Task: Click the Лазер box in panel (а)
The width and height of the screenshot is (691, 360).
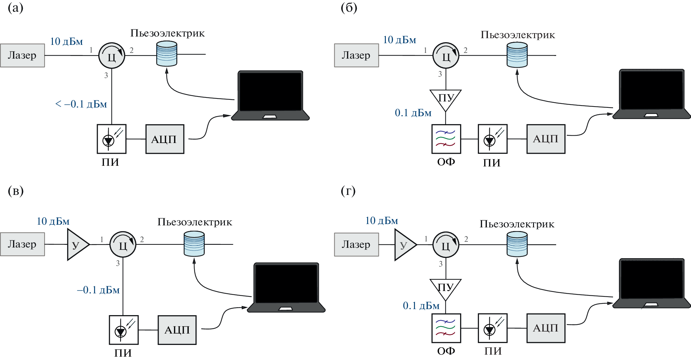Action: tap(22, 55)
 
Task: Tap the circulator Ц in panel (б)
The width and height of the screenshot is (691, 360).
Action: tap(446, 56)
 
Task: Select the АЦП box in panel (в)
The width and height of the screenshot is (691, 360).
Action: tap(177, 330)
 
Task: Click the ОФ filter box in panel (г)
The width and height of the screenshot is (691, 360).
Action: tap(446, 328)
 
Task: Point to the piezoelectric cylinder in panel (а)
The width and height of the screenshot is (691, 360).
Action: tap(167, 54)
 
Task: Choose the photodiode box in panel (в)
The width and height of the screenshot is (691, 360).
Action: tap(123, 330)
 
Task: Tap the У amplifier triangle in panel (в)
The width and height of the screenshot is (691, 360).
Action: tap(77, 244)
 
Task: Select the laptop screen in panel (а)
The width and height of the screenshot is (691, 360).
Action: tap(270, 91)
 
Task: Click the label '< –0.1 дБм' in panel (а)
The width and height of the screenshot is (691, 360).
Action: tap(81, 104)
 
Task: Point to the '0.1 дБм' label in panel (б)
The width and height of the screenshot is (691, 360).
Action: tap(413, 113)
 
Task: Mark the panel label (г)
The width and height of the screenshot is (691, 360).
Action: tap(348, 191)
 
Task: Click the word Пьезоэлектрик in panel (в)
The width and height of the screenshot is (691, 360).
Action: tap(195, 222)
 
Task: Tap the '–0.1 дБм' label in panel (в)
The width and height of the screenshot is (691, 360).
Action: tap(98, 290)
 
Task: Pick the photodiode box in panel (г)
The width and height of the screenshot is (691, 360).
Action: tap(493, 328)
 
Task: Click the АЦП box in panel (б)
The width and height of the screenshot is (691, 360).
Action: tap(546, 139)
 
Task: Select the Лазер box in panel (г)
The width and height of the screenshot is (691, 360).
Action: tap(356, 244)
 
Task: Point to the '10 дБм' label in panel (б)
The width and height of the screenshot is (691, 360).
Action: tap(400, 40)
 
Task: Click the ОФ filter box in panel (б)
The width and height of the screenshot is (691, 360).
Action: tap(446, 139)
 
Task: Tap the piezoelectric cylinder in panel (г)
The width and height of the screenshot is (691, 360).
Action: tap(517, 244)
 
